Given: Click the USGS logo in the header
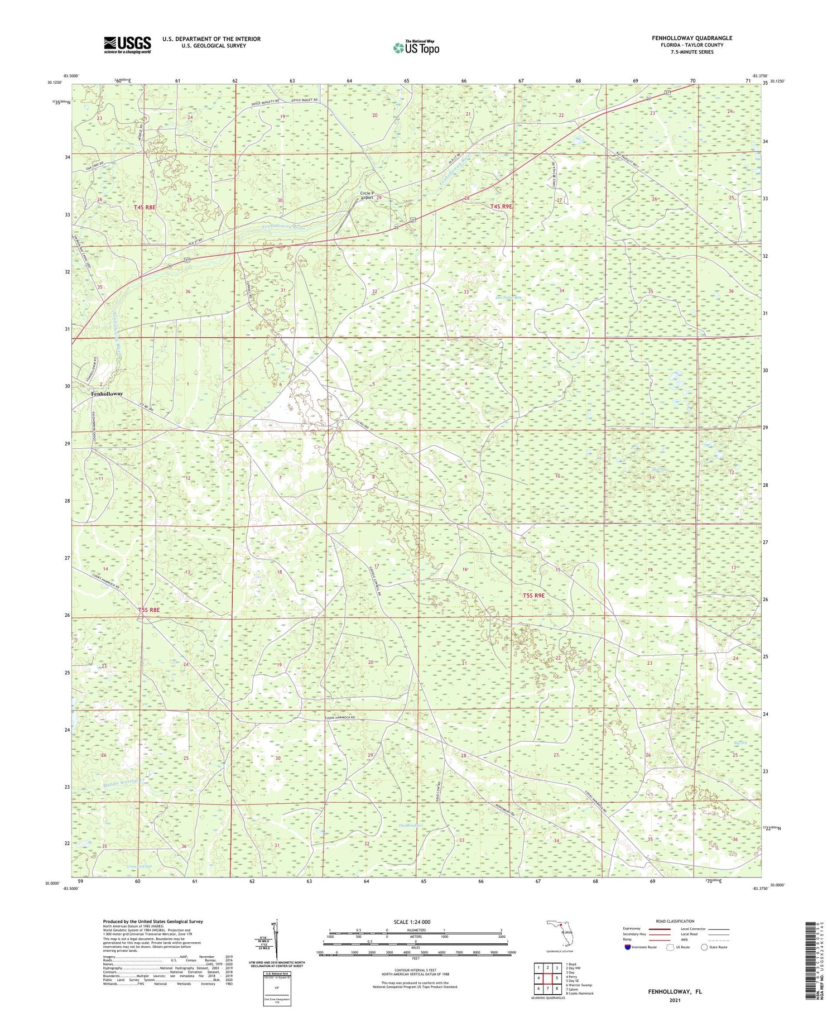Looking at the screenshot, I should [x=127, y=45].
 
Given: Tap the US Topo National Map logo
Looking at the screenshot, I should [x=416, y=48].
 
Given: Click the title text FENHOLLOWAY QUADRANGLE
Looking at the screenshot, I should [x=692, y=38].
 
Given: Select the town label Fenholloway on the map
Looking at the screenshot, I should [x=107, y=394].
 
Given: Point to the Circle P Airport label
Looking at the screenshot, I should [x=367, y=196].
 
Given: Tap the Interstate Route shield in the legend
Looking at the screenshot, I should [x=627, y=947].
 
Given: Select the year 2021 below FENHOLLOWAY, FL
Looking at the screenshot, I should [x=675, y=1000].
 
